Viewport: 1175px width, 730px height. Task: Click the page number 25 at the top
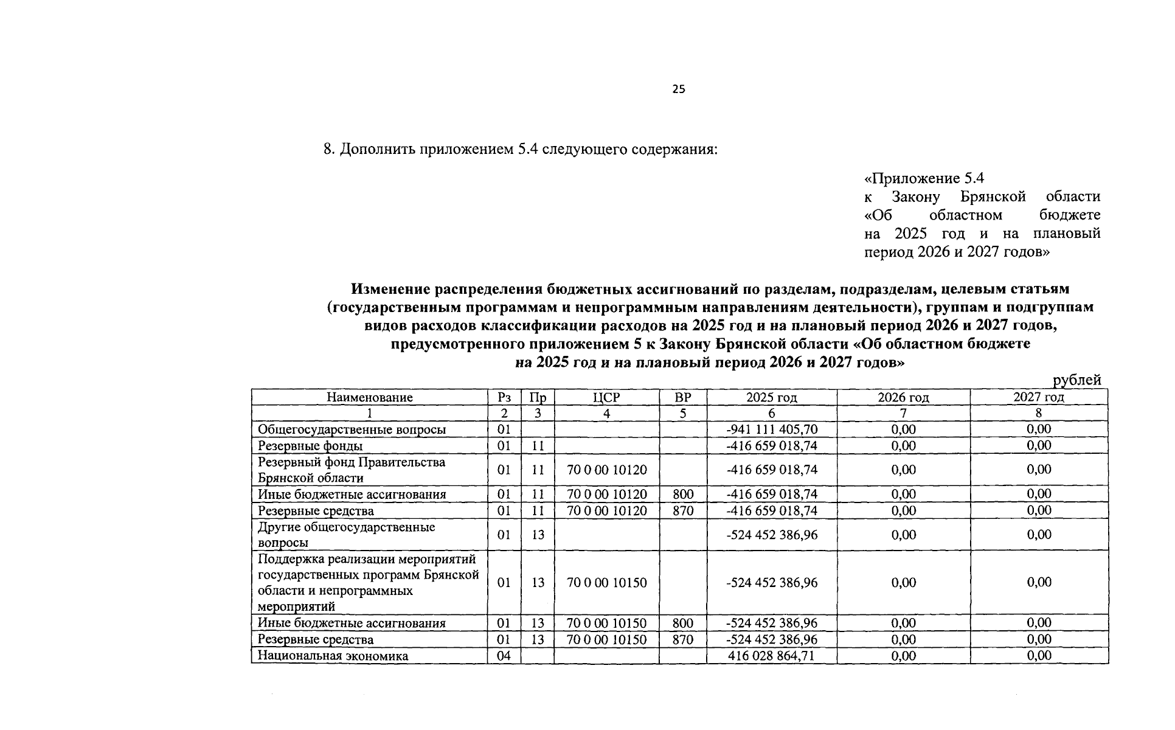(679, 89)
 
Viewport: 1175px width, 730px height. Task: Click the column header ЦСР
(606, 397)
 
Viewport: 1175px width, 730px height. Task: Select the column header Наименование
(369, 397)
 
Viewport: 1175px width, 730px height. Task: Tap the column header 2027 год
(1039, 397)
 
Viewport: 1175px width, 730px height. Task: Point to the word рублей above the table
(1077, 380)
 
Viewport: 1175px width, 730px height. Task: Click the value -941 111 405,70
(772, 429)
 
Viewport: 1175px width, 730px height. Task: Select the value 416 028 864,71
(772, 656)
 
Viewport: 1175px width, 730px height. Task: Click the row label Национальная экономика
(333, 656)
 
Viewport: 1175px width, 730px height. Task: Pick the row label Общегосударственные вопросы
(352, 429)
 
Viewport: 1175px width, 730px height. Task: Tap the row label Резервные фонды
(310, 446)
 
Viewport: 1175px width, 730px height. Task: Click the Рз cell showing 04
(504, 656)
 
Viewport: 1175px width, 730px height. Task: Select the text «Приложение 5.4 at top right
(924, 178)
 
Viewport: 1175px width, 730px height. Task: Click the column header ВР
(683, 397)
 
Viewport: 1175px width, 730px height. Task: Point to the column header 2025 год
(772, 397)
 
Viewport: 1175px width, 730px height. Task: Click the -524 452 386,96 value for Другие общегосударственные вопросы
(772, 535)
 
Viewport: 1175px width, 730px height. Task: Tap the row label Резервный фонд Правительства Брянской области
(352, 470)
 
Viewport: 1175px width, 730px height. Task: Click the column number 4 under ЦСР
(606, 414)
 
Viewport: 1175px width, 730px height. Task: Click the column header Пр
(538, 397)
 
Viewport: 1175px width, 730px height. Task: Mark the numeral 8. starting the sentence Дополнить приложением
(329, 149)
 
